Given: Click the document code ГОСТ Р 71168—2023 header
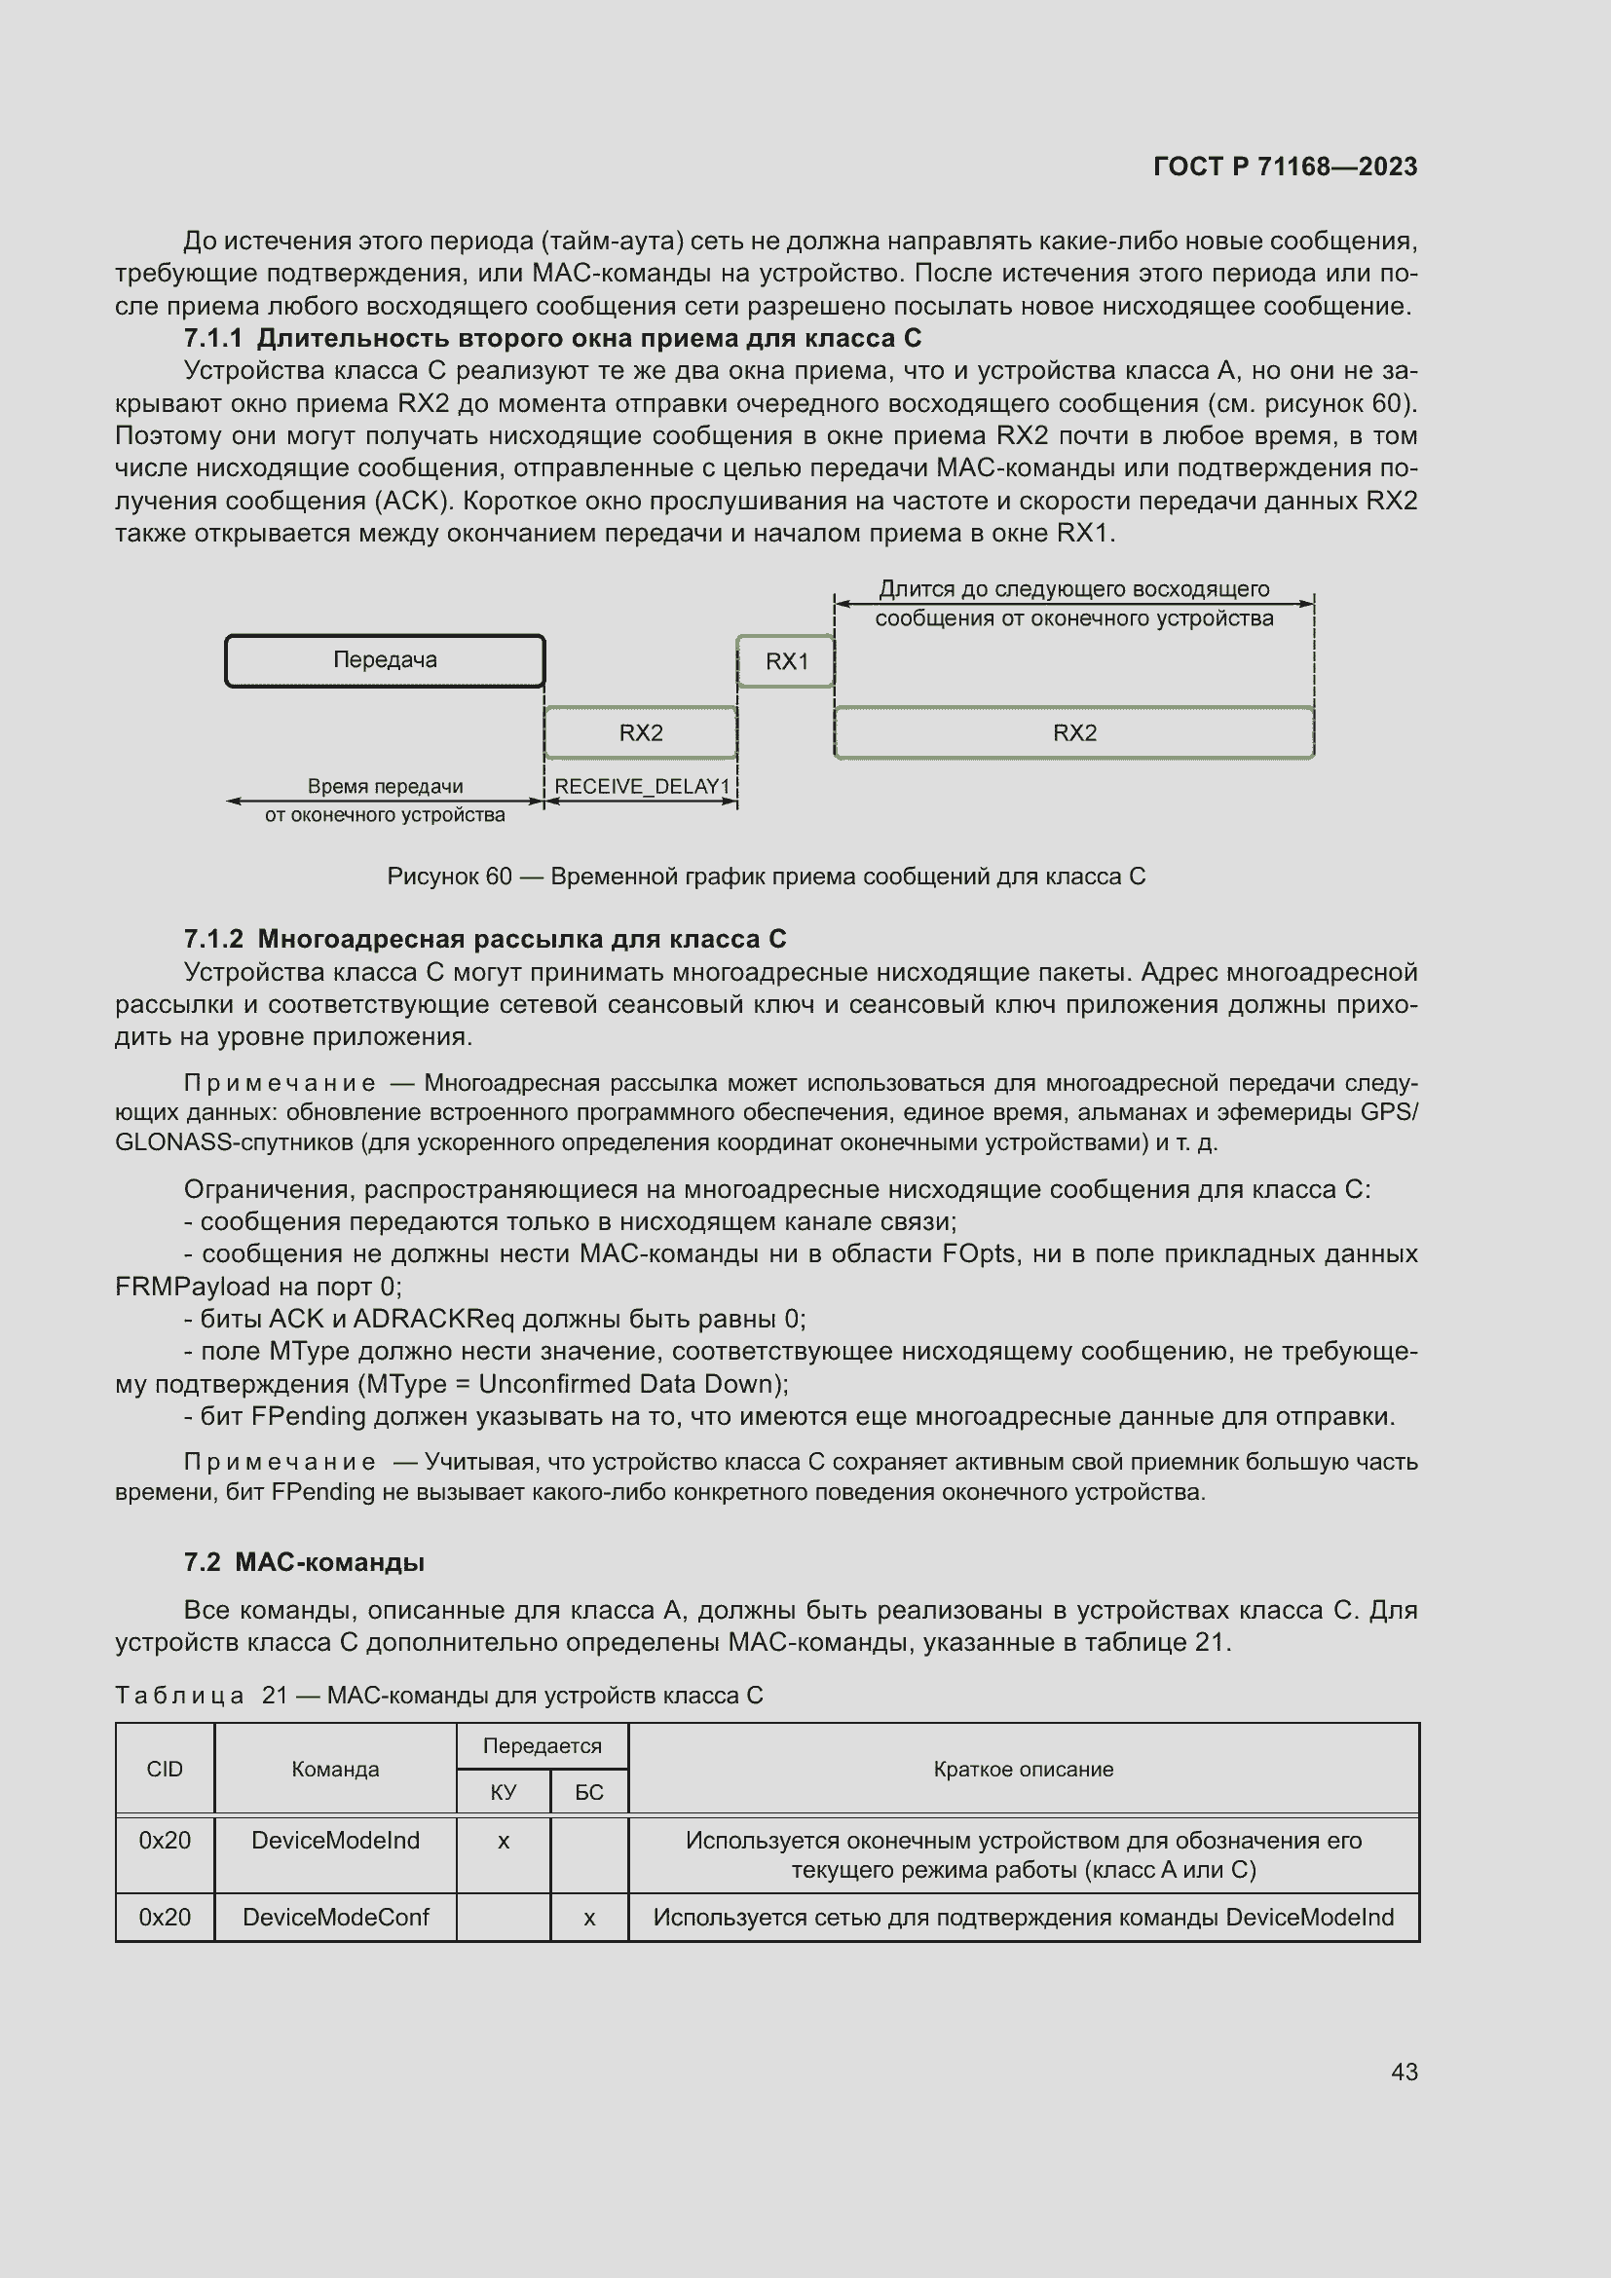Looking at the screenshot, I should pyautogui.click(x=1285, y=167).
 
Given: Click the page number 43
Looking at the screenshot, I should pyautogui.click(x=1404, y=2072).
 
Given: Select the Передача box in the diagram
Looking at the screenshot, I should pyautogui.click(x=385, y=660).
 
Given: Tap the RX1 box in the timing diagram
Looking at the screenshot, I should pyautogui.click(x=786, y=661).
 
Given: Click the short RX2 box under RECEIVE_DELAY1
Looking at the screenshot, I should pyautogui.click(x=641, y=733).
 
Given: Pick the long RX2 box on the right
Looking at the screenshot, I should pyautogui.click(x=1074, y=733).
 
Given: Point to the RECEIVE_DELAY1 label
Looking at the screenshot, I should pyautogui.click(x=642, y=787).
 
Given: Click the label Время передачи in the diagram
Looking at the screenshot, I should pyautogui.click(x=385, y=787).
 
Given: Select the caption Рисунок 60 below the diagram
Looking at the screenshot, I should pyautogui.click(x=766, y=878).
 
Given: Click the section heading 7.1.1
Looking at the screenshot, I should pyautogui.click(x=552, y=339).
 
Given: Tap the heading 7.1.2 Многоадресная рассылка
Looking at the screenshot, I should pyautogui.click(x=485, y=940).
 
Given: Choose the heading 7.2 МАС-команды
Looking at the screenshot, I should pyautogui.click(x=305, y=1562).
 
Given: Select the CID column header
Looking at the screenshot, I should pyautogui.click(x=165, y=1770).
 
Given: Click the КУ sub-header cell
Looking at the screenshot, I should pyautogui.click(x=503, y=1793).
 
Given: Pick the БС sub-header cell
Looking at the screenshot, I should pyautogui.click(x=589, y=1793).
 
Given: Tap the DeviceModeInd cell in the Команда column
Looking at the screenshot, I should pyautogui.click(x=335, y=1842).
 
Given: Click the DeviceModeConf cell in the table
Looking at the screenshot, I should pyautogui.click(x=335, y=1918).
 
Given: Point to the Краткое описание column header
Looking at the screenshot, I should pyautogui.click(x=1023, y=1770).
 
